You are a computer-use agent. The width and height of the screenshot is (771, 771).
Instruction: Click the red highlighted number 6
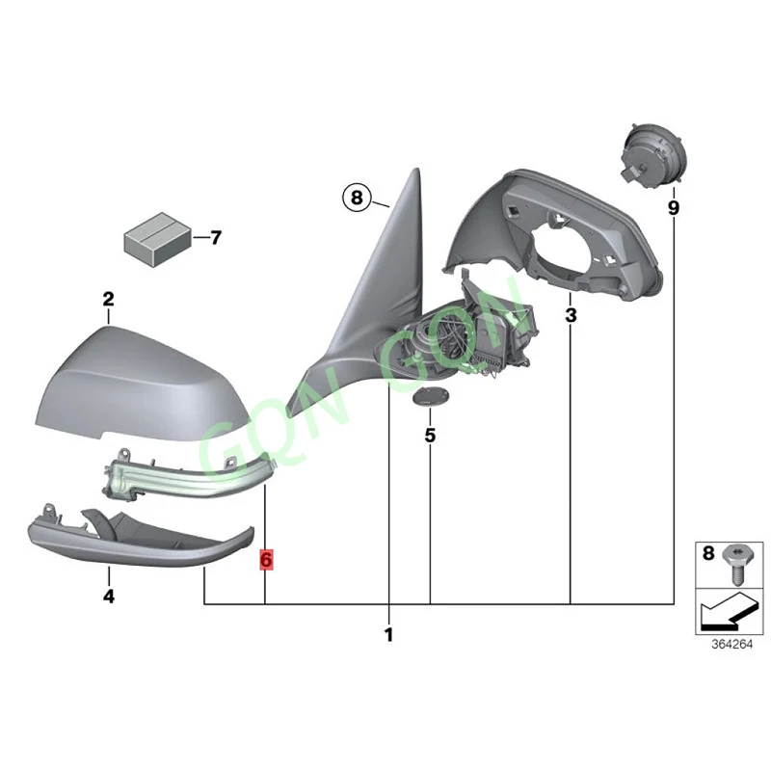(266, 559)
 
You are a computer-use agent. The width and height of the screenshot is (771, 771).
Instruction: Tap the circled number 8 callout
(355, 199)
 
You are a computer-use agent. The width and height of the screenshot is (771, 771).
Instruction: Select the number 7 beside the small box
(215, 237)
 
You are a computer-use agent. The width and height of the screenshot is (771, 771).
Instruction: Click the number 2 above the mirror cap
(109, 300)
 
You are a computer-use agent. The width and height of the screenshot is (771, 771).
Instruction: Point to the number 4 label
(109, 598)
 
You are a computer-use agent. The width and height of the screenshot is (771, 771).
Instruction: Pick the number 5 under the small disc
(430, 436)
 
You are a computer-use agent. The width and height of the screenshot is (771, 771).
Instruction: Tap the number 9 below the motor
(673, 207)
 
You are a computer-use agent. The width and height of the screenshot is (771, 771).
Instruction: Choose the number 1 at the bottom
(389, 635)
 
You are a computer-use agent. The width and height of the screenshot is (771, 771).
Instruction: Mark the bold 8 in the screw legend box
(708, 554)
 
